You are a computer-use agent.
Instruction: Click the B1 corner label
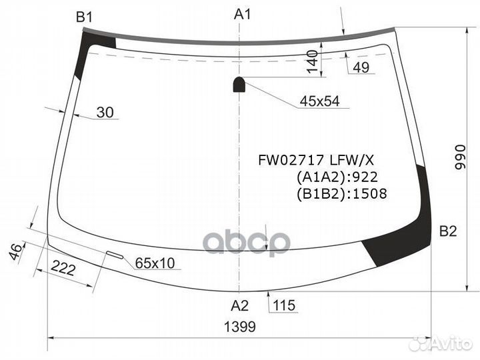pos(84,17)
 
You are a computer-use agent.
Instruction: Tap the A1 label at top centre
pos(243,14)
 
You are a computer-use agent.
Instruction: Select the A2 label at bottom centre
pos(240,305)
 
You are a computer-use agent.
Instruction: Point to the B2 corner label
pos(448,231)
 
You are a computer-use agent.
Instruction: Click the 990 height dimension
pos(460,157)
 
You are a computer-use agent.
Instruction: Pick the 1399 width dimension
pos(240,327)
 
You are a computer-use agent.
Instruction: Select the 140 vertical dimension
pos(312,62)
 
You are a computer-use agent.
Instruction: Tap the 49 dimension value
pos(361,67)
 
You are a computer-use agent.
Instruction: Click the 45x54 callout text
pos(319,101)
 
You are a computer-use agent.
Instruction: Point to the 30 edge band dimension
pos(105,113)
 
